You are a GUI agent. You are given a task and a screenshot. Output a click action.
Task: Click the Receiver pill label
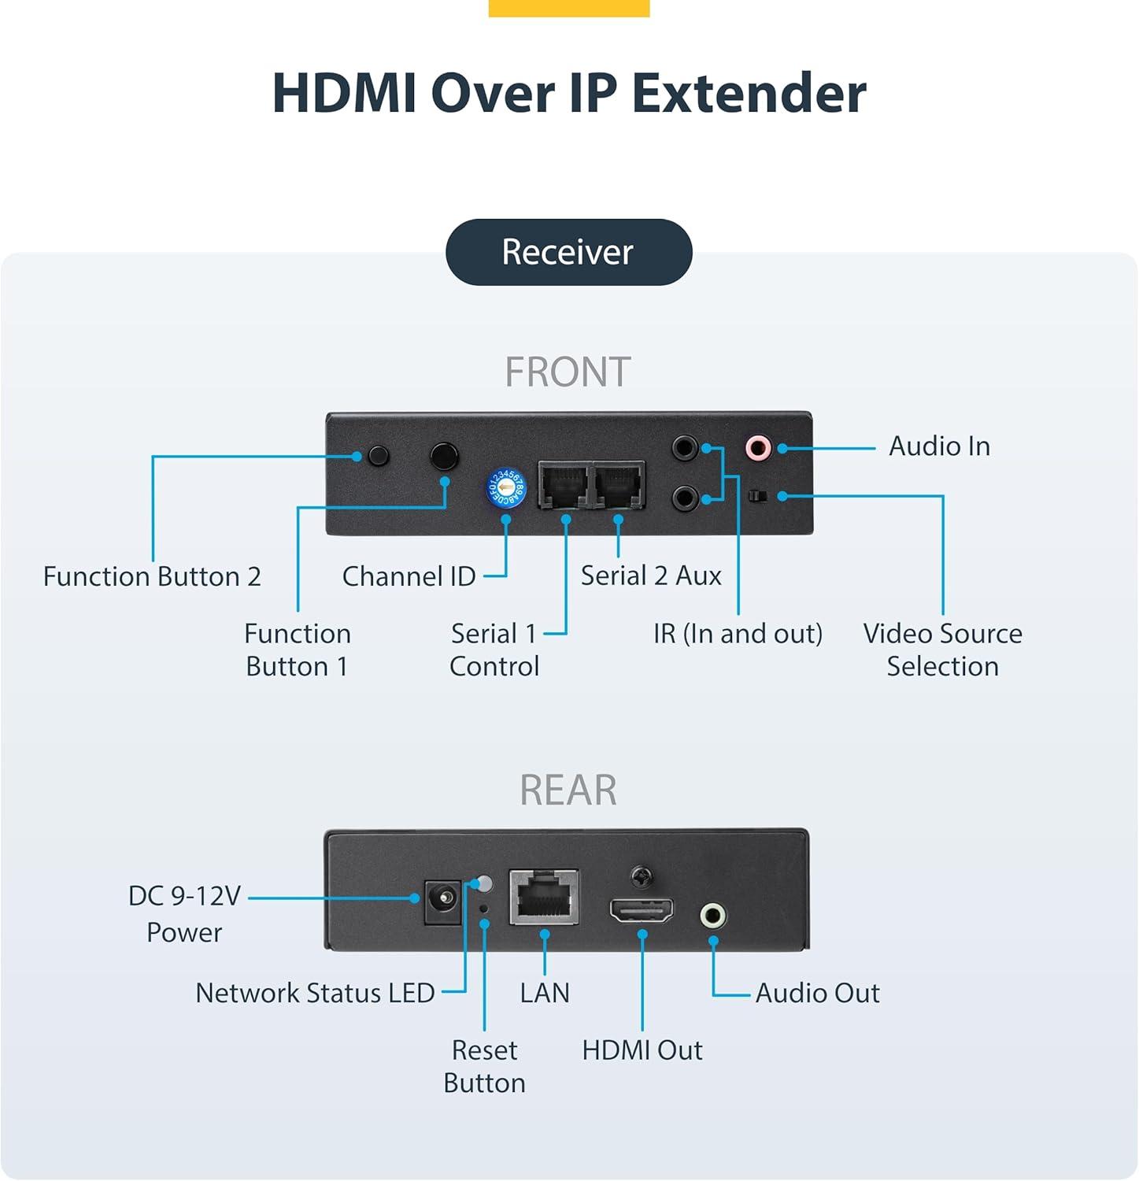pyautogui.click(x=568, y=252)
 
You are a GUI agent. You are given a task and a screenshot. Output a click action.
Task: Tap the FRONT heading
pyautogui.click(x=568, y=372)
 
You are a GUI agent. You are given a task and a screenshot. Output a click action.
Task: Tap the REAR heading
pyautogui.click(x=568, y=790)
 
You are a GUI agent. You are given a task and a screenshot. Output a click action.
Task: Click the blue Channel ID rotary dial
pyautogui.click(x=506, y=487)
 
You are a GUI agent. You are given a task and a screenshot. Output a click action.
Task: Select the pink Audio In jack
pyautogui.click(x=757, y=448)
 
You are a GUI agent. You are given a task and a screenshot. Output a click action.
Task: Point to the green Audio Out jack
pyautogui.click(x=712, y=916)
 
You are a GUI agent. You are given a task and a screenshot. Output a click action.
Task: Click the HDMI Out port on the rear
pyautogui.click(x=642, y=911)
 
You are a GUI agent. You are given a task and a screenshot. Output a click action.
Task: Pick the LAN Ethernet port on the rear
pyautogui.click(x=544, y=897)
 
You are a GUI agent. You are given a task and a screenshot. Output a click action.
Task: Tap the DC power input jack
pyautogui.click(x=442, y=901)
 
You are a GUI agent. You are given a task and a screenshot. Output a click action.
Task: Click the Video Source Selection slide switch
pyautogui.click(x=757, y=496)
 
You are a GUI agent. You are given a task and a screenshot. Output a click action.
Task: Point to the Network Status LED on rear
pyautogui.click(x=485, y=883)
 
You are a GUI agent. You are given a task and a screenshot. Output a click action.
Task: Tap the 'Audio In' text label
pyautogui.click(x=939, y=446)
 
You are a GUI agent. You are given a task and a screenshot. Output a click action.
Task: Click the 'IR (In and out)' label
pyautogui.click(x=738, y=634)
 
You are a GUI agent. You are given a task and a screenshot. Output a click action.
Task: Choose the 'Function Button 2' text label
pyautogui.click(x=152, y=576)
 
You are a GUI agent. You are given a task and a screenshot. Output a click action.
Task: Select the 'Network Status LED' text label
pyautogui.click(x=315, y=993)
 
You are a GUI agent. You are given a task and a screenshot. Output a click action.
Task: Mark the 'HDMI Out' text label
pyautogui.click(x=642, y=1050)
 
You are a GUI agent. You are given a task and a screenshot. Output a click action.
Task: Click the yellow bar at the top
pyautogui.click(x=569, y=8)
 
